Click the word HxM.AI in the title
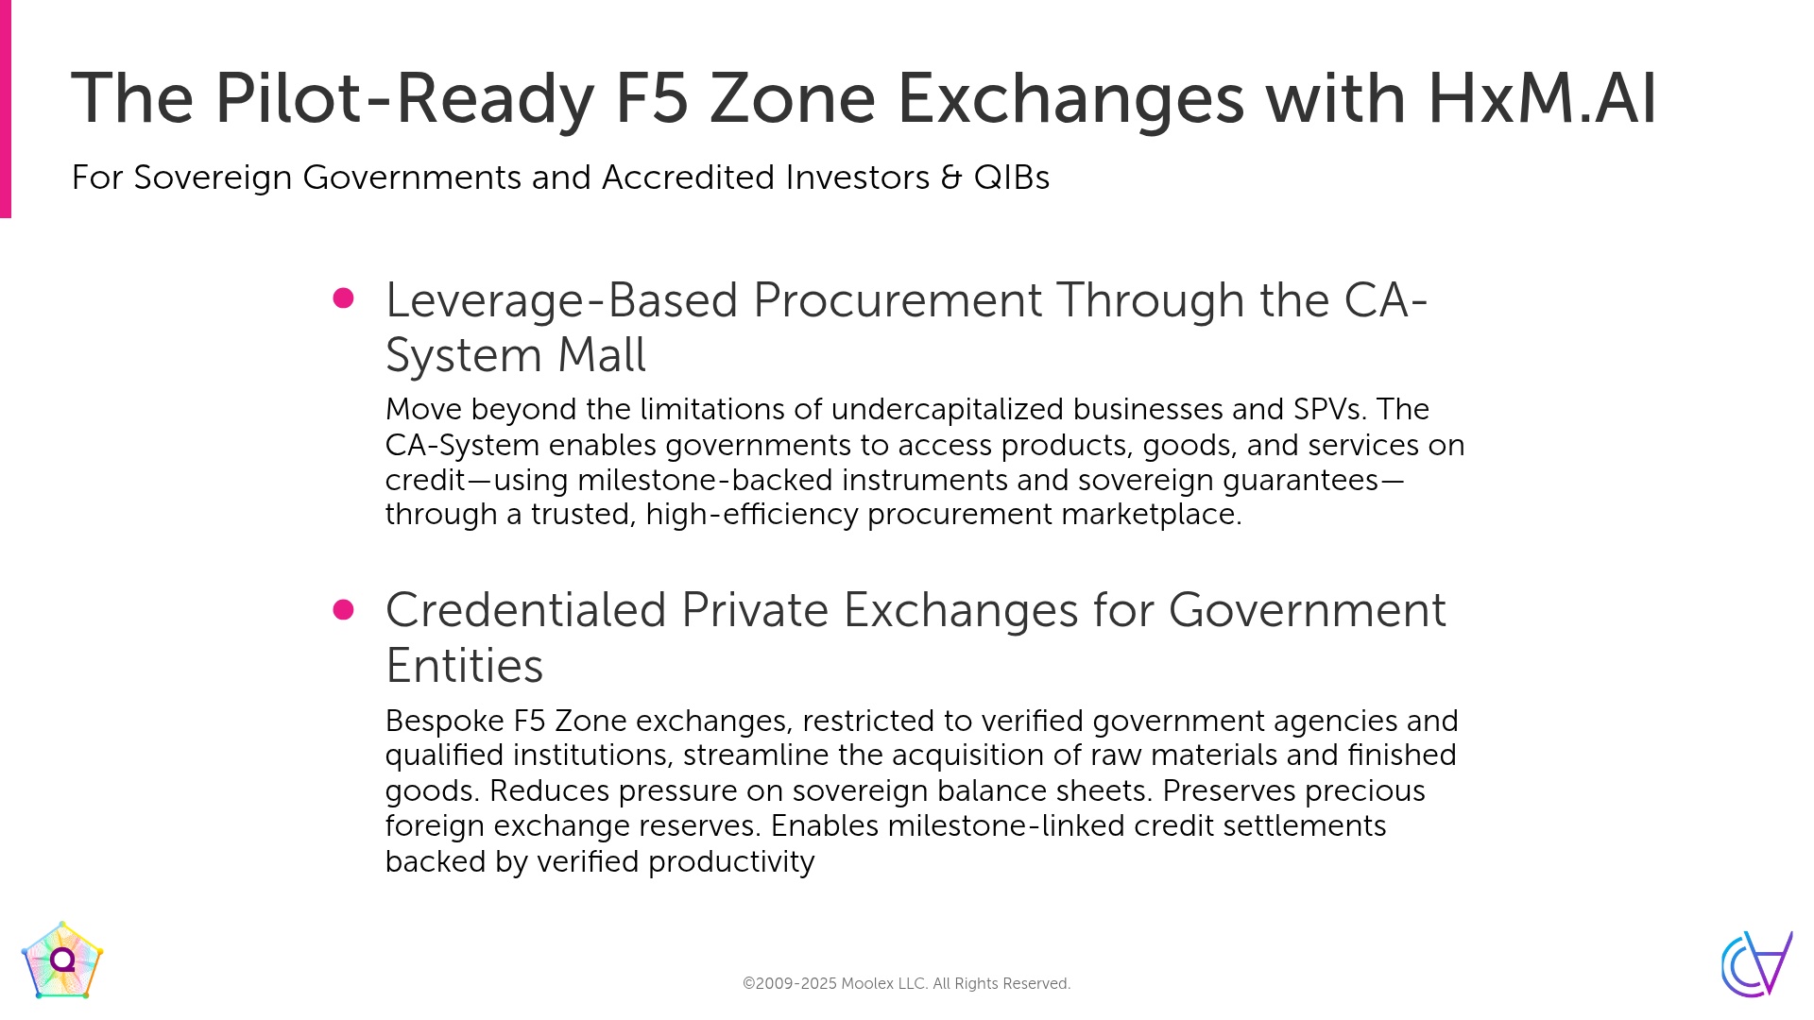coord(1542,98)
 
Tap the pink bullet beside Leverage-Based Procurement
coord(344,298)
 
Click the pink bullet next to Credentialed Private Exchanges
coord(344,610)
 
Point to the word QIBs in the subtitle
coord(1012,178)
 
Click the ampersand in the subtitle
coord(951,178)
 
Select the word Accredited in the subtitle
coord(689,178)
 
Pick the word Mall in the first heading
coord(602,356)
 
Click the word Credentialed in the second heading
coord(526,610)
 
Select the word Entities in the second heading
coord(465,666)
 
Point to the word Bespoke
coord(445,722)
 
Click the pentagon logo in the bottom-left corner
coord(62,960)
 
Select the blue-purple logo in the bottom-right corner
coord(1756,963)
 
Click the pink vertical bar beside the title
coord(6,109)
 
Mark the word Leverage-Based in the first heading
coord(561,300)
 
